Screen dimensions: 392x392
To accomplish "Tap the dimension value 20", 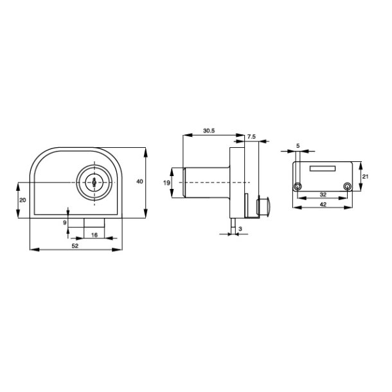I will pos(22,200).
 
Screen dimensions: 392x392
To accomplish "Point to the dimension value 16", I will pos(95,236).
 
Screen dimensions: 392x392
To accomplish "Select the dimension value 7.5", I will pos(252,137).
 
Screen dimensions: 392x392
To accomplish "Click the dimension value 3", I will pos(240,228).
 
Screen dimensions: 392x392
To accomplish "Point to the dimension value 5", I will pos(298,145).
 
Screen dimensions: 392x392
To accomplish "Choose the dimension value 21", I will pos(365,175).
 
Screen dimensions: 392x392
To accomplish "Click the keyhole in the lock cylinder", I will pos(94,183).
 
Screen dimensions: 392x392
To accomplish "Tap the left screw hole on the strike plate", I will pos(298,186).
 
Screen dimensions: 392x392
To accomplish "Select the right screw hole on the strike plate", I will pos(346,186).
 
